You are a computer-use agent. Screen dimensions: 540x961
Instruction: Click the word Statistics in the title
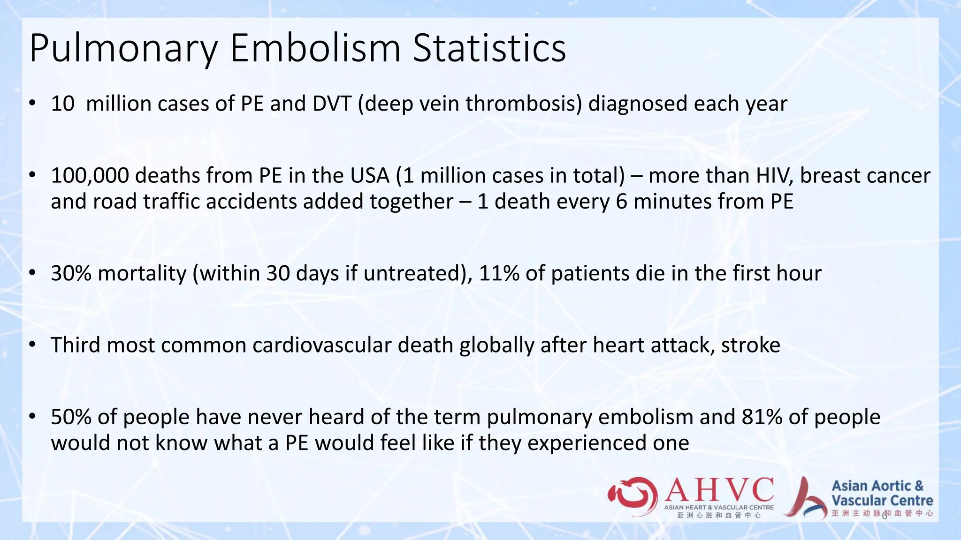tap(489, 48)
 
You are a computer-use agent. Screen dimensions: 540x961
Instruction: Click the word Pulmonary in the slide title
tap(123, 48)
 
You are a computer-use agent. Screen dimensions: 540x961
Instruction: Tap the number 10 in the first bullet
tap(62, 104)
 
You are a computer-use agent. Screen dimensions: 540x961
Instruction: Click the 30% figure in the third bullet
tap(71, 273)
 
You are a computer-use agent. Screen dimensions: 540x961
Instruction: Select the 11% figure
tap(499, 273)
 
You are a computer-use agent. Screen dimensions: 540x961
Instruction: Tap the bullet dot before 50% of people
tap(32, 416)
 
